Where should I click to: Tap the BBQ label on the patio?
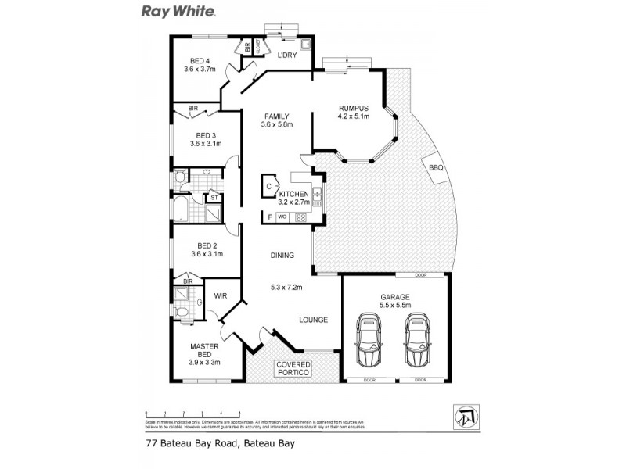pos(436,168)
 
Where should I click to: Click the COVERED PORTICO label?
pos(293,369)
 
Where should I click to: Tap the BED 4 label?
pos(200,61)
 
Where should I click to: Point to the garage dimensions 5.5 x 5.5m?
pos(395,306)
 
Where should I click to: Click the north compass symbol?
pos(464,417)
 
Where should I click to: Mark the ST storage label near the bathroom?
pos(212,198)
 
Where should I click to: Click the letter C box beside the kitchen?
pos(268,187)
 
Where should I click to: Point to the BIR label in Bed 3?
pos(192,109)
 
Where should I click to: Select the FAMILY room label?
pos(277,116)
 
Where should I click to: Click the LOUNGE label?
pos(313,320)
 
